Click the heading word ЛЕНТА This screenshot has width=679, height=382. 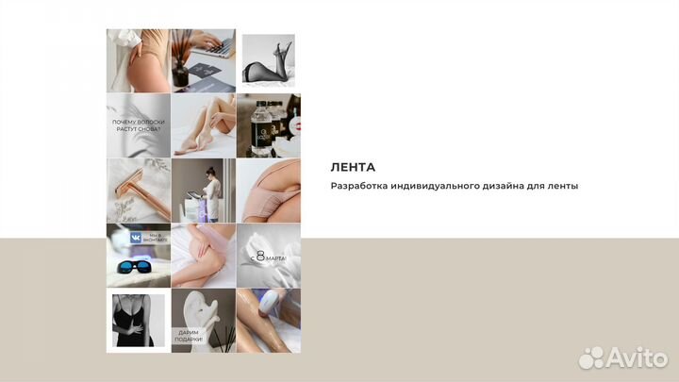352,167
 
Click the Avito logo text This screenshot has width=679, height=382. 638,357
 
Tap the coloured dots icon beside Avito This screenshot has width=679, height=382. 592,357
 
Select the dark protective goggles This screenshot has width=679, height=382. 138,269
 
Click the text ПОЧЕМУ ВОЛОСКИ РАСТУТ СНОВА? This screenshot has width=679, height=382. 138,127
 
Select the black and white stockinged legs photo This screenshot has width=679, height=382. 269,60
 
